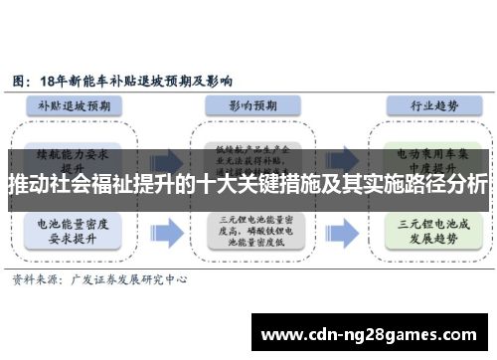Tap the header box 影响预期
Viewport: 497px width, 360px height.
(x=244, y=104)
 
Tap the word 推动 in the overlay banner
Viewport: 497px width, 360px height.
(x=28, y=184)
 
